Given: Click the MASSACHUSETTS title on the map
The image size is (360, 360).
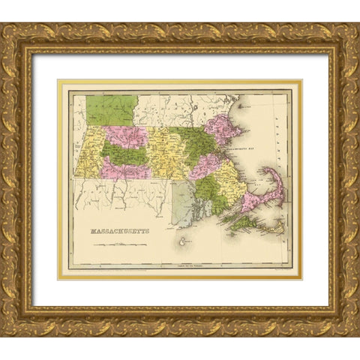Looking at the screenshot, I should pos(119,231).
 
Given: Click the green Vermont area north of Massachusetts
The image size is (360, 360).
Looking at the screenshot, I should pos(111,109).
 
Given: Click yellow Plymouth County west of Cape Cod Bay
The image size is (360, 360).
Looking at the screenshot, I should pos(232,187).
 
